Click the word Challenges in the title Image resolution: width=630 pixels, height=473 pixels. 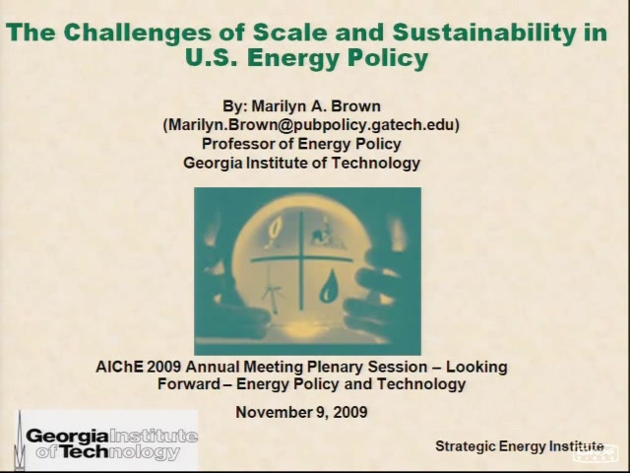pyautogui.click(x=138, y=33)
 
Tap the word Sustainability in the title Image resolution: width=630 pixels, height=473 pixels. pyautogui.click(x=483, y=33)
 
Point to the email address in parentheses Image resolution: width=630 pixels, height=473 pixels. pyautogui.click(x=311, y=125)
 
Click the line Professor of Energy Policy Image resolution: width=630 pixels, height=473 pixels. pyautogui.click(x=301, y=144)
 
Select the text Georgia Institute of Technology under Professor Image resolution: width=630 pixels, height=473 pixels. pyautogui.click(x=302, y=163)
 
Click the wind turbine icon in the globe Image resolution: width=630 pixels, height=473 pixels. pyautogui.click(x=274, y=294)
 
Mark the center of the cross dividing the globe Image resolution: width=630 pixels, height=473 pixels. pyautogui.click(x=301, y=259)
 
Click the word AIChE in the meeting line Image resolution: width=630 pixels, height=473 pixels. pyautogui.click(x=119, y=367)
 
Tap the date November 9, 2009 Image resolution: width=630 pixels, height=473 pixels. pyautogui.click(x=301, y=412)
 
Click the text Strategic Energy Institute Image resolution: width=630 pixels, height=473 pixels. pyautogui.click(x=520, y=446)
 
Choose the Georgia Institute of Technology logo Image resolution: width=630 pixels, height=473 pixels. pyautogui.click(x=107, y=440)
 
